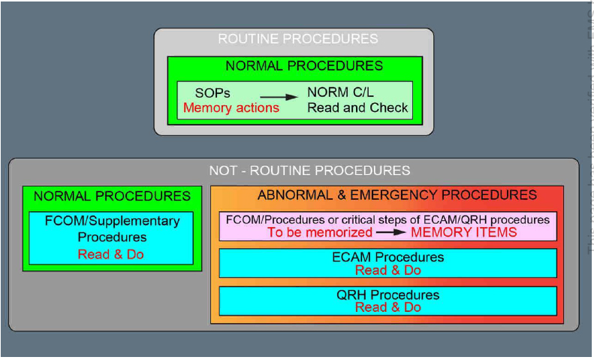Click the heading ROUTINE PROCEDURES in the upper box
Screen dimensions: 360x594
point(297,38)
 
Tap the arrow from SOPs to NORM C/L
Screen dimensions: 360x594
point(278,96)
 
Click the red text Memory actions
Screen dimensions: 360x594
point(231,107)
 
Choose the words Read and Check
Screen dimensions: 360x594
point(357,107)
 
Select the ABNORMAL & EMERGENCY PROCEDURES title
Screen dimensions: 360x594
point(397,195)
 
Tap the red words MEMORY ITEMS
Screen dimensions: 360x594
point(463,232)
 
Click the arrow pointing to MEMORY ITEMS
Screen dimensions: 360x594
point(391,232)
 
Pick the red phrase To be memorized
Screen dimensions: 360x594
point(320,232)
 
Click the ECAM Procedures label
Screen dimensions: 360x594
point(387,257)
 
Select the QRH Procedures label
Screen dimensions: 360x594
point(387,294)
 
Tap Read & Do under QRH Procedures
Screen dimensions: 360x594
point(387,307)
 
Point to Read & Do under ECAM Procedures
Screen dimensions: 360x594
point(387,270)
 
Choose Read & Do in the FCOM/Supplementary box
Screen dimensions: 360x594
point(110,254)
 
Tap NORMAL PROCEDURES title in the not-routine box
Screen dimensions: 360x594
point(112,196)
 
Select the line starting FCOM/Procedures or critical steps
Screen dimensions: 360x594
point(387,219)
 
